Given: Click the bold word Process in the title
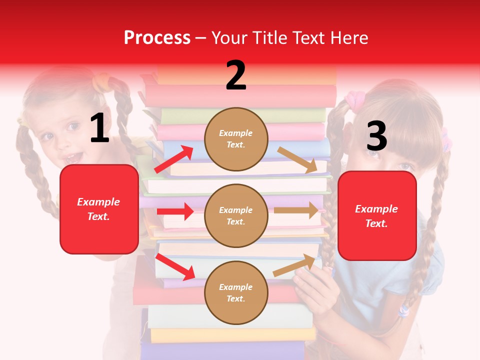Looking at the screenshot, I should (x=157, y=38).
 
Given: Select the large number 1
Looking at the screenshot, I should (x=99, y=128).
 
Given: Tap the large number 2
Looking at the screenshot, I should (x=236, y=75).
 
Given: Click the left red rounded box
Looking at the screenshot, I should (x=99, y=209).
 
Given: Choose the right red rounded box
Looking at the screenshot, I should (x=377, y=215).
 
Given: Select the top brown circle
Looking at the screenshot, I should (x=236, y=139).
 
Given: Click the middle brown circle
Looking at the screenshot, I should (x=236, y=215).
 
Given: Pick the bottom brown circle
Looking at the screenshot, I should (x=236, y=292).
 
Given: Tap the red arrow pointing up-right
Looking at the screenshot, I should (x=174, y=158).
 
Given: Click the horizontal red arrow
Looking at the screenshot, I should (x=175, y=211).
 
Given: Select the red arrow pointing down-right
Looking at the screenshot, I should (x=175, y=267).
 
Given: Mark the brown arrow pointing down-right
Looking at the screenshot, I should (x=298, y=160).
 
